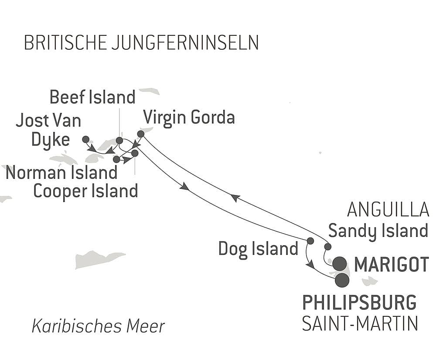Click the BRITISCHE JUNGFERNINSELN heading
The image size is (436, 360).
[141, 43]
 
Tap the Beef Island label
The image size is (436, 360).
[92, 97]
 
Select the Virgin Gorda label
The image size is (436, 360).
[189, 117]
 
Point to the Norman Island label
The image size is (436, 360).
[61, 173]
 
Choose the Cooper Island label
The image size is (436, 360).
[85, 191]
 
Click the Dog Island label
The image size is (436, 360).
[258, 249]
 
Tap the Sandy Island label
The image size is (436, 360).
[378, 230]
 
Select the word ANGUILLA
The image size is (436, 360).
[388, 210]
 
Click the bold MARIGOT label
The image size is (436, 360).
[392, 264]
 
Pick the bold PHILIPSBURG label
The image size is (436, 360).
[359, 302]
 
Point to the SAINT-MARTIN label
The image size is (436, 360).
[360, 324]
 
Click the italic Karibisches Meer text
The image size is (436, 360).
[99, 326]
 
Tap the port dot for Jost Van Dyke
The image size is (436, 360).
[86, 139]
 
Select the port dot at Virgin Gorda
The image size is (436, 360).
[140, 134]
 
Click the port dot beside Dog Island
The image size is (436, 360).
[310, 240]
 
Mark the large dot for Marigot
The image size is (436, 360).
[340, 264]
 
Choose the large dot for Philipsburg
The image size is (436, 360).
[342, 280]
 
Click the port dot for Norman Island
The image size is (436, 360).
[116, 159]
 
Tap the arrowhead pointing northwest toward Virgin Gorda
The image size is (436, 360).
[235, 198]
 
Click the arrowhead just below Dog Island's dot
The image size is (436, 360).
[310, 264]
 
